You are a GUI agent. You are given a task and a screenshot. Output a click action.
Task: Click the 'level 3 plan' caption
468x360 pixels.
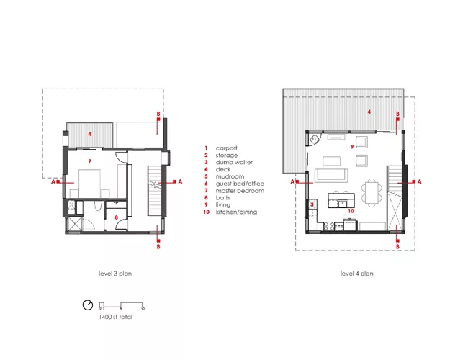tap(115, 274)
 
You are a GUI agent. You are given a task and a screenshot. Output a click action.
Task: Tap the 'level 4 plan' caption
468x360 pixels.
tap(356, 274)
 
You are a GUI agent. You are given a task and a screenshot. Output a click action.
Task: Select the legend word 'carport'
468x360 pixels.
tap(227, 148)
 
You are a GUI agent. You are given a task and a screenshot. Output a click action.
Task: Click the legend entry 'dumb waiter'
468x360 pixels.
tap(234, 163)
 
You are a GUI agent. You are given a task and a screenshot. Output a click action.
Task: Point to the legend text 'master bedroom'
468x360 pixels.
tap(240, 191)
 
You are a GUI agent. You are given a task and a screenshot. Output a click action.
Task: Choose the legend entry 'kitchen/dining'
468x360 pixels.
tap(236, 212)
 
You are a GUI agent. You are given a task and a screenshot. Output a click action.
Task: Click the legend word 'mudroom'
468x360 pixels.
tap(230, 176)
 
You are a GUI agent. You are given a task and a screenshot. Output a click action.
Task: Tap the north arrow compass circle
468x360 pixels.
tap(88, 305)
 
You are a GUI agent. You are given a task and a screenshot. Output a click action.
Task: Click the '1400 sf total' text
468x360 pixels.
tap(115, 317)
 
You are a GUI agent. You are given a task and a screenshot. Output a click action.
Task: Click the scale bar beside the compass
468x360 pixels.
tap(122, 306)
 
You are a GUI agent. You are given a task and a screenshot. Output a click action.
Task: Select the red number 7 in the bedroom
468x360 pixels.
tap(89, 161)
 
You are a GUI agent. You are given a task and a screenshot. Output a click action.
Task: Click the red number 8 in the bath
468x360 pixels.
tap(117, 217)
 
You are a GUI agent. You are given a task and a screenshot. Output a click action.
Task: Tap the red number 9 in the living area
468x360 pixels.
tap(352, 147)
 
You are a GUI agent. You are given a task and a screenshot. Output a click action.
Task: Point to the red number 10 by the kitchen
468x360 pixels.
tap(351, 211)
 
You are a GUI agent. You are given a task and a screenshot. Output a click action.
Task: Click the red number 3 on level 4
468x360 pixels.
tap(312, 204)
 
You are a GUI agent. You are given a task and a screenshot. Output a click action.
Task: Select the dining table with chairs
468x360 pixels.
tap(372, 192)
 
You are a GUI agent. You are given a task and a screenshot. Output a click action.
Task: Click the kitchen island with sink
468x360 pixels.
tap(341, 200)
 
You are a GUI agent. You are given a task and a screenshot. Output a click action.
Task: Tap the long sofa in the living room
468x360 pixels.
tap(331, 175)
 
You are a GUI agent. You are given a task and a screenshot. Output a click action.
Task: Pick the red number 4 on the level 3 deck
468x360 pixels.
tap(89, 135)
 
